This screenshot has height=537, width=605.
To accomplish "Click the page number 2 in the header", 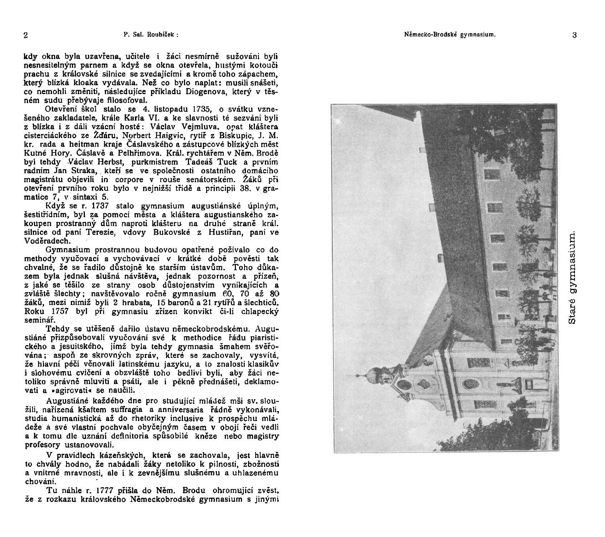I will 26,35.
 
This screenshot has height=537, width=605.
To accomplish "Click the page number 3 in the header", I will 575,35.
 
